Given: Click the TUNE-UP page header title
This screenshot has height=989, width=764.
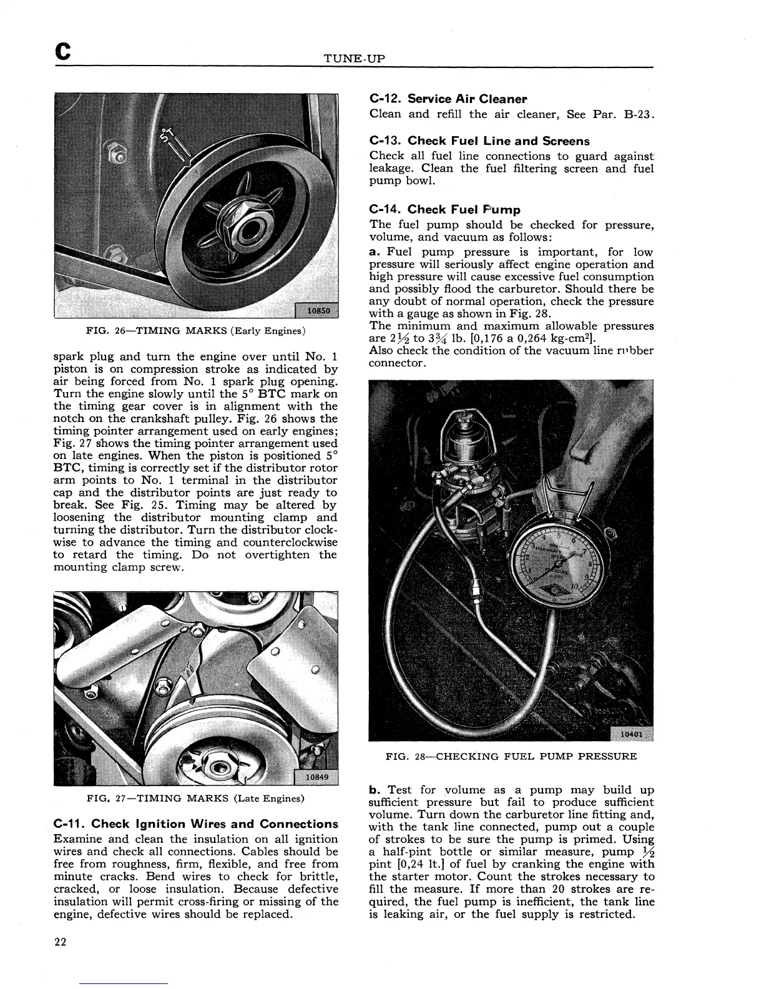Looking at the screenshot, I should [355, 59].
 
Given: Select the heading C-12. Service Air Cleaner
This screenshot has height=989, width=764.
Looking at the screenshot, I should [448, 99].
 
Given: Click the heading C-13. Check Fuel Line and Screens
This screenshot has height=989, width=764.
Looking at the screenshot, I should [479, 141].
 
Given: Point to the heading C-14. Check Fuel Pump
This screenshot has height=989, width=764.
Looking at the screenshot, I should [444, 210].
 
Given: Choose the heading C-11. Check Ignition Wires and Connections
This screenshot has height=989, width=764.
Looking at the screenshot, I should [196, 824].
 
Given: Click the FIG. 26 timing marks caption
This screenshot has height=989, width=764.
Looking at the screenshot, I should [196, 330].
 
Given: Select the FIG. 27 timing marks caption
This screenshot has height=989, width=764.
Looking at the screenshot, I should [196, 798].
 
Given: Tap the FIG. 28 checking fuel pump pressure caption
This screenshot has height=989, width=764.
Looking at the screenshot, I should [511, 757].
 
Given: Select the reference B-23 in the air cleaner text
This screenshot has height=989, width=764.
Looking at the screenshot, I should [639, 114].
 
